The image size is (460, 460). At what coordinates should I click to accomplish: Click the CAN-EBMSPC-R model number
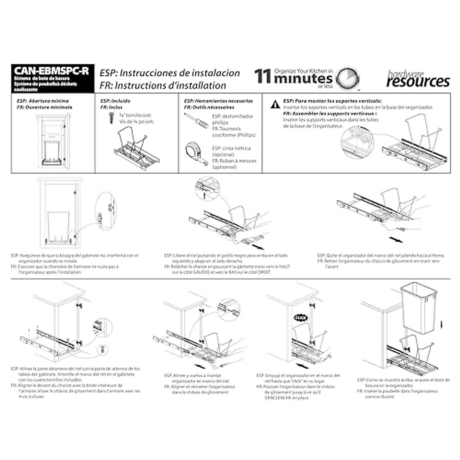click(51, 71)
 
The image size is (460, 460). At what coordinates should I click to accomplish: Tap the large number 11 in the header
click(263, 76)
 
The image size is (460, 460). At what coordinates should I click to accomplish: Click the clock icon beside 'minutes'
click(348, 79)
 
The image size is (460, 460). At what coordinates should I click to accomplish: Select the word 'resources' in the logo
click(418, 82)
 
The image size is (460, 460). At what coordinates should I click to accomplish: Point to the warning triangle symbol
click(275, 104)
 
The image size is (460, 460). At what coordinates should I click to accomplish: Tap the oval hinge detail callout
click(106, 210)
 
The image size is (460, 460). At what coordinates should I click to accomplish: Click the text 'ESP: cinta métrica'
click(232, 148)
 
